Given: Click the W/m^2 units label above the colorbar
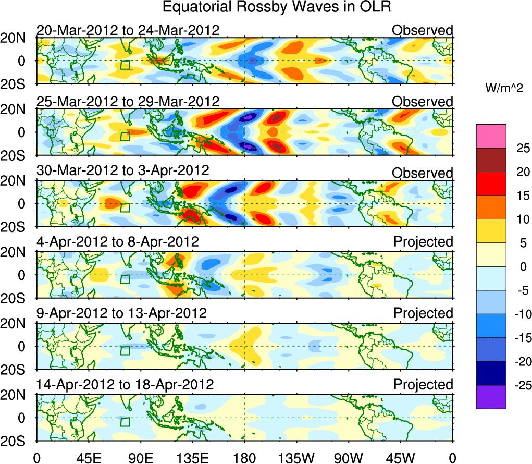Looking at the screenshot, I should click(x=503, y=89).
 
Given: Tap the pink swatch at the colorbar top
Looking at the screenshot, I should click(x=491, y=136).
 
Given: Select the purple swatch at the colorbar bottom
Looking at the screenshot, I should click(x=491, y=397).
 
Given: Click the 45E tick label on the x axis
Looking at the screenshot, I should click(x=88, y=458).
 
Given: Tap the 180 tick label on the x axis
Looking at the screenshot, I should click(x=244, y=458).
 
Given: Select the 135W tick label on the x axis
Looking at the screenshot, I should click(x=296, y=458).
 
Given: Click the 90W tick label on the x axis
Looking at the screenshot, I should click(x=349, y=458).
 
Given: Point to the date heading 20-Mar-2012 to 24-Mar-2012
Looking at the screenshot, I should click(x=128, y=30).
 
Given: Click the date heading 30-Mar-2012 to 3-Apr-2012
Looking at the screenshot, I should click(x=122, y=170).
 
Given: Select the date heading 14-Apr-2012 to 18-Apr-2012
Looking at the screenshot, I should click(x=125, y=385).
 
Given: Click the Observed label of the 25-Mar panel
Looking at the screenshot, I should click(x=423, y=102).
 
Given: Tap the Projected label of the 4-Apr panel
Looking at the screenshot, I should click(x=423, y=242).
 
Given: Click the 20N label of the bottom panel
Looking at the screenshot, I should click(x=18, y=395).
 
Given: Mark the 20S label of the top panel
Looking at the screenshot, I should click(x=18, y=83).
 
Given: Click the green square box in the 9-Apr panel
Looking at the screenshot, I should click(x=125, y=350).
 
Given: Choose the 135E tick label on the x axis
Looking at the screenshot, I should click(x=192, y=458).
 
